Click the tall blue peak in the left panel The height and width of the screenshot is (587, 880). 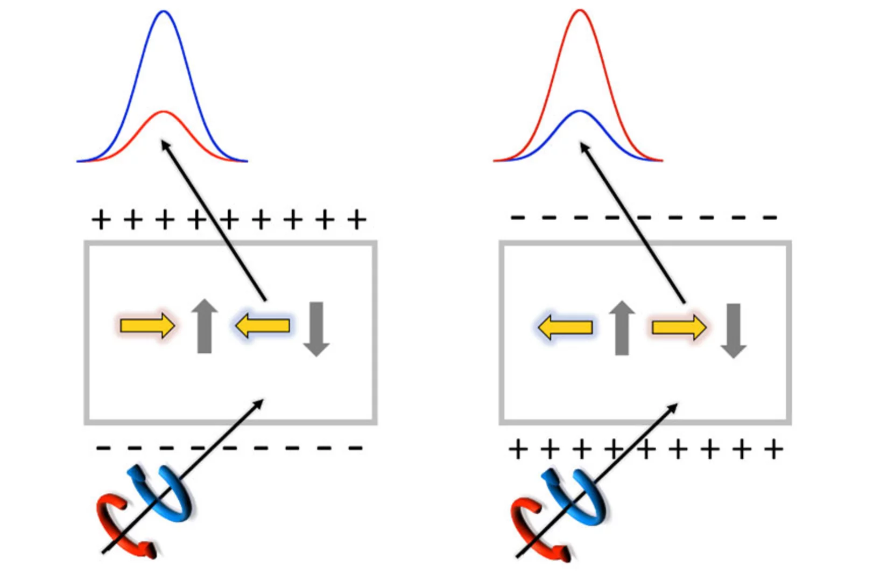164,13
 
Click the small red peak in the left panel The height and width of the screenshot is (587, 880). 164,113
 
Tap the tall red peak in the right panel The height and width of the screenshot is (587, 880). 580,12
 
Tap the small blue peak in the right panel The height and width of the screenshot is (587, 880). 580,111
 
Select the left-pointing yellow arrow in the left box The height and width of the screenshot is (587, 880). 263,325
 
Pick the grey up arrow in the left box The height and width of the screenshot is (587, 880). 205,326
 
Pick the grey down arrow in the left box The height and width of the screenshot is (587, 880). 316,329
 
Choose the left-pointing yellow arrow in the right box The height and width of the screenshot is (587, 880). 566,327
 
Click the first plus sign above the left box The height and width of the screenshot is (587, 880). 101,220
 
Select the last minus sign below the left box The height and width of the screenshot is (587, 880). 355,448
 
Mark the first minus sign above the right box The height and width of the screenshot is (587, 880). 517,218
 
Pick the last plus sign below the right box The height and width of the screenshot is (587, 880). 773,449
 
